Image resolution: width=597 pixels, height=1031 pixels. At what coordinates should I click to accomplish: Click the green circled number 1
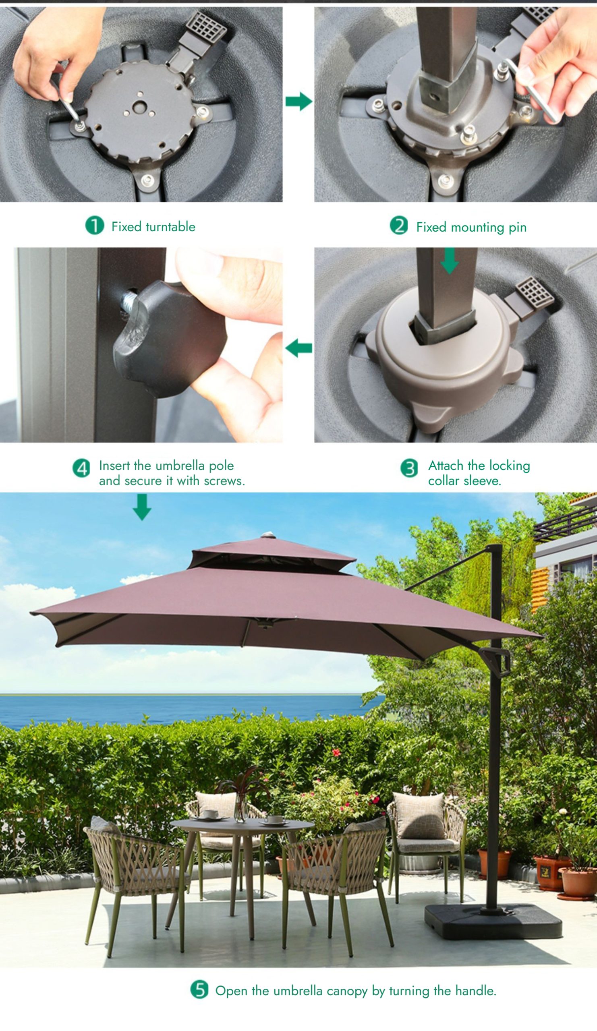(95, 226)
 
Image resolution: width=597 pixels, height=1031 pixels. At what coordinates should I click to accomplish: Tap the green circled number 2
(399, 226)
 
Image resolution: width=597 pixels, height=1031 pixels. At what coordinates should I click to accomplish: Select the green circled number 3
(409, 468)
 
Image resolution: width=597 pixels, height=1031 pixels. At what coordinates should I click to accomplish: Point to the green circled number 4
(81, 468)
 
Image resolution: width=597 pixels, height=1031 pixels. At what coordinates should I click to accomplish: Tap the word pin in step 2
(518, 228)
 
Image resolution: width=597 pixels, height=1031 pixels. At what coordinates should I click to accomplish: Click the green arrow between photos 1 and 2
(299, 101)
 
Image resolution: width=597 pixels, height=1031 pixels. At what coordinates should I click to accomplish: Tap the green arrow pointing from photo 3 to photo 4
(299, 349)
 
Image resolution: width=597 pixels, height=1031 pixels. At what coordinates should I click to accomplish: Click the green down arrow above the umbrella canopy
(142, 507)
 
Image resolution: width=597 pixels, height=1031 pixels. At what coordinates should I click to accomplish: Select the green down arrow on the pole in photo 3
(449, 261)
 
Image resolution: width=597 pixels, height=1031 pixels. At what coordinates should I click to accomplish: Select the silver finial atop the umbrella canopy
(268, 535)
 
